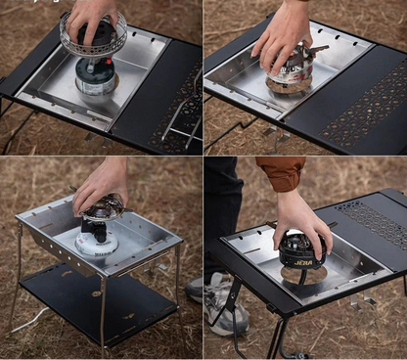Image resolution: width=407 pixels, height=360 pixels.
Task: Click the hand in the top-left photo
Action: pyautogui.click(x=91, y=14)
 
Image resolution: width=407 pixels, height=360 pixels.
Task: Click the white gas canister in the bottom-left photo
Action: pyautogui.click(x=96, y=242)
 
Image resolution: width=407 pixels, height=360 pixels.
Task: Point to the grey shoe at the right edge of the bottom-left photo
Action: pyautogui.click(x=195, y=287)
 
